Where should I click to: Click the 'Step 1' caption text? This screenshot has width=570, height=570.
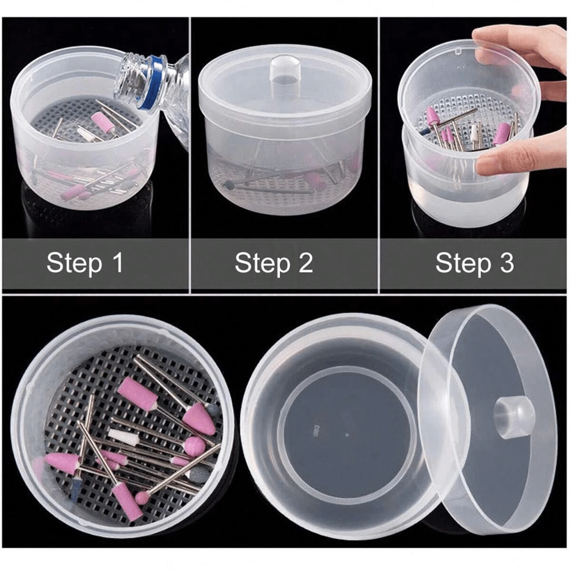pyautogui.click(x=85, y=263)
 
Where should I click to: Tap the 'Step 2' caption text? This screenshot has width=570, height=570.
pyautogui.click(x=274, y=263)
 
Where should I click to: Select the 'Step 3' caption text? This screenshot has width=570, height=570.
pyautogui.click(x=475, y=263)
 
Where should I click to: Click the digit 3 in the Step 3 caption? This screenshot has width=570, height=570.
pyautogui.click(x=506, y=263)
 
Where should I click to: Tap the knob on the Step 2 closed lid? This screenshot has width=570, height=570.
pyautogui.click(x=283, y=69)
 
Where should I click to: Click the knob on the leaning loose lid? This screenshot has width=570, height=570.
pyautogui.click(x=514, y=417)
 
